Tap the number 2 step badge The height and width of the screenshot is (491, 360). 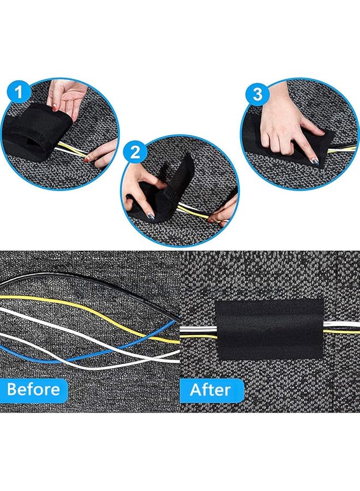click(x=135, y=152)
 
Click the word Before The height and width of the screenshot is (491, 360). click(x=34, y=390)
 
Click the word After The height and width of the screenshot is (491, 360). click(x=210, y=390)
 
